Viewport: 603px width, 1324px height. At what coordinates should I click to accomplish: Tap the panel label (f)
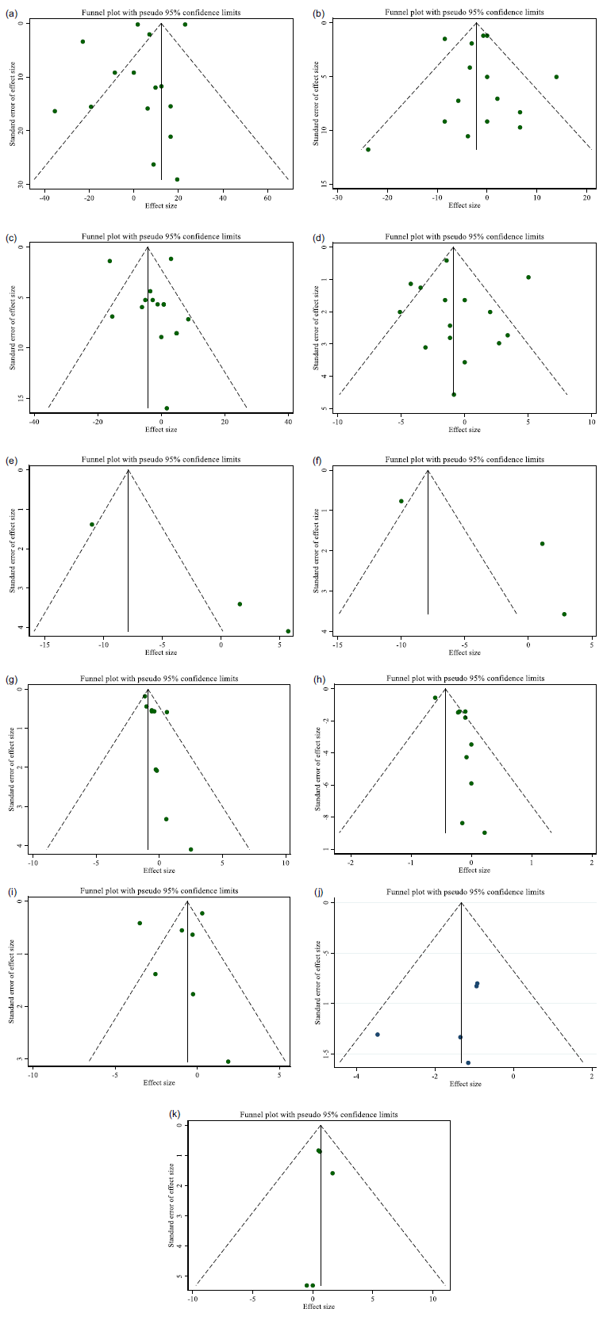point(318,459)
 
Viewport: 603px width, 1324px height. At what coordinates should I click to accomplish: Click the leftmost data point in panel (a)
point(55,111)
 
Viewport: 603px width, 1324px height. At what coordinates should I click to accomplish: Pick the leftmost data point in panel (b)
point(368,149)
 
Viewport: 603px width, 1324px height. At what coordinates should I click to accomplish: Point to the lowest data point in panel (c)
point(167,408)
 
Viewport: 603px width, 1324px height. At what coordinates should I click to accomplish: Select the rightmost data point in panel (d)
point(528,277)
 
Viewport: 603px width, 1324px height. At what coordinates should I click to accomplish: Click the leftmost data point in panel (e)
point(92,524)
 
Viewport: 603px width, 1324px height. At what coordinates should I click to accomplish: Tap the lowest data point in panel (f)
point(564,614)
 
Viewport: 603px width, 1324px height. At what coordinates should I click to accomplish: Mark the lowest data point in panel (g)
point(190,849)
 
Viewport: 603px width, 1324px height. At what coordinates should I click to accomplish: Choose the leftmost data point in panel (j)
point(378,1035)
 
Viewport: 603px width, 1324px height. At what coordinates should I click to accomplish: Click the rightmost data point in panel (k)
point(332,1173)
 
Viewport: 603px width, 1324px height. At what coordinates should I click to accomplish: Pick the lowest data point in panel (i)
point(228,1062)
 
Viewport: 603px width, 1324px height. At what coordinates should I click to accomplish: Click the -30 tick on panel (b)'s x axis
point(337,193)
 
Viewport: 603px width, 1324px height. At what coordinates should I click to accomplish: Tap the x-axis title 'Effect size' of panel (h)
point(474,871)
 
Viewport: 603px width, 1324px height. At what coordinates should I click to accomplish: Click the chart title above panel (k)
point(319,1115)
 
